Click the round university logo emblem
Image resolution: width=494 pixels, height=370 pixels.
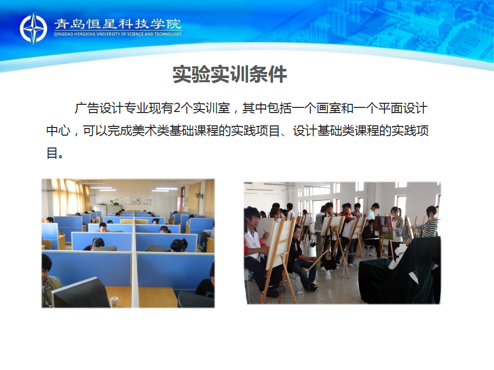33,28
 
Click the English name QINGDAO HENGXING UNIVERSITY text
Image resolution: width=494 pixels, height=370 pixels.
117,34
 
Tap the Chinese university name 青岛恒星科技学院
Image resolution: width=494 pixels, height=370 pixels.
117,24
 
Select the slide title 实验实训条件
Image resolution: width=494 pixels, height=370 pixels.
230,75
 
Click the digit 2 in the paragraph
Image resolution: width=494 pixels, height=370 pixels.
177,108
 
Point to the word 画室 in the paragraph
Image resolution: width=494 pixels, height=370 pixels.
328,108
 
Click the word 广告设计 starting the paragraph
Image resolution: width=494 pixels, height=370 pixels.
99,108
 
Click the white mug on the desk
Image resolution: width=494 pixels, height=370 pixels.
115,302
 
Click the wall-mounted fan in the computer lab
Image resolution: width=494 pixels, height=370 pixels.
199,196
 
